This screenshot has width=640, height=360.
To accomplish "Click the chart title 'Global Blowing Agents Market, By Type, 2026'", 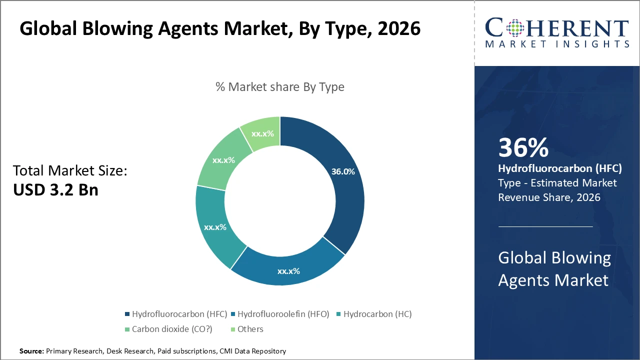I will [x=220, y=29].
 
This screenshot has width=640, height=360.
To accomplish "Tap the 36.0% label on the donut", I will [x=343, y=171].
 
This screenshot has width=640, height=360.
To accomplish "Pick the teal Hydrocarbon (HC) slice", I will [x=215, y=227].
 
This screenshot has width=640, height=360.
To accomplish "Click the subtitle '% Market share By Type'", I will [x=280, y=86].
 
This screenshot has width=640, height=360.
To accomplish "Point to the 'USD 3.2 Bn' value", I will [x=55, y=190].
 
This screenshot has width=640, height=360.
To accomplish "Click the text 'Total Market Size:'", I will [x=70, y=171].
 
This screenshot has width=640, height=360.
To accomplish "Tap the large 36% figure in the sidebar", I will [x=523, y=148].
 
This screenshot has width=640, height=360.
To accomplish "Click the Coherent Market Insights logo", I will [x=557, y=33].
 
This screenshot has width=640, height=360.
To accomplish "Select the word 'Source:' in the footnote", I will [x=31, y=351].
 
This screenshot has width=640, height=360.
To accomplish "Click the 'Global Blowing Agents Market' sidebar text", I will [x=554, y=269].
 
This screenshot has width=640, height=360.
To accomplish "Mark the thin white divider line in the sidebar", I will [x=545, y=226].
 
